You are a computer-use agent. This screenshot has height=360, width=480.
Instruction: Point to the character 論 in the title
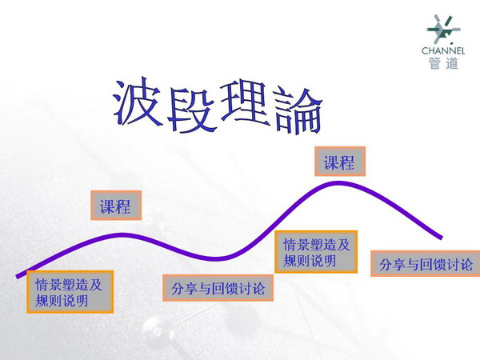pos(298,111)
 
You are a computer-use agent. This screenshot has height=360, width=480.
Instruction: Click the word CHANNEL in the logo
pos(443,51)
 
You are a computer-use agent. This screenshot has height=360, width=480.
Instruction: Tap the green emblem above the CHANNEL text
pos(443,30)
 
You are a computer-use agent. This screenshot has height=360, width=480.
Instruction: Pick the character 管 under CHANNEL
pos(434,63)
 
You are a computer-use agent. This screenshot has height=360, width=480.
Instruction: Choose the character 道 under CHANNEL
pos(452,63)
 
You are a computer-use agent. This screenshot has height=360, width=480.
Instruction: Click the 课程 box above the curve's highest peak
pos(340,162)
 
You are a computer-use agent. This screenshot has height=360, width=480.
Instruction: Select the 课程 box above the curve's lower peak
pos(116,205)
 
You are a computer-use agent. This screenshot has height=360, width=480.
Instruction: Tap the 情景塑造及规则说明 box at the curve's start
pos(70,292)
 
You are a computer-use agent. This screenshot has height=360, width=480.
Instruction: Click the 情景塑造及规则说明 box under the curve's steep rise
pos(316,252)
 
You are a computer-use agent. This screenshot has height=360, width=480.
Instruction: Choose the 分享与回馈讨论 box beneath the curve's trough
pos(218,288)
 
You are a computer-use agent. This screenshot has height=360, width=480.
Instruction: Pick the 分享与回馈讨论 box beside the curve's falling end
pos(426,263)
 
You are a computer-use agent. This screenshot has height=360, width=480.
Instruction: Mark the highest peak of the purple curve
pos(338,183)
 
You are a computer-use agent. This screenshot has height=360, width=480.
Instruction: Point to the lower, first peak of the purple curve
pos(122,234)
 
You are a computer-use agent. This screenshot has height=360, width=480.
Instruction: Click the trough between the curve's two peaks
pos(216,259)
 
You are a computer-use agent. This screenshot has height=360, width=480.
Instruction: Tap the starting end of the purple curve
pos(18,276)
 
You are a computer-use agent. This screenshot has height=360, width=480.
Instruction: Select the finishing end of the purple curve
pos(441,237)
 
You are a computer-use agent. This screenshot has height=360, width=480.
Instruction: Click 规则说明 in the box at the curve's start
pos(62,301)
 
